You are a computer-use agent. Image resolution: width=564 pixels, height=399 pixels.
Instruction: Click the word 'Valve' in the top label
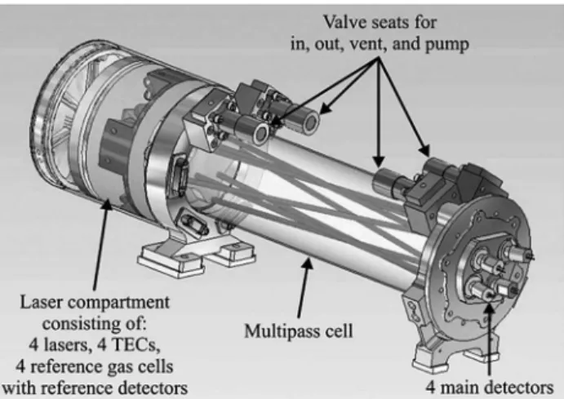(345, 22)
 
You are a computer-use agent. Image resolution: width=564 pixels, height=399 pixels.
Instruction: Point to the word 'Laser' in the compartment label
(42, 302)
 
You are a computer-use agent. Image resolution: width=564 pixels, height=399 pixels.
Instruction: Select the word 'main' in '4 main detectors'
(461, 388)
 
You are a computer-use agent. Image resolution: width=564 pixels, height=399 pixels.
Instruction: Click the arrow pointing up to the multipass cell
(303, 288)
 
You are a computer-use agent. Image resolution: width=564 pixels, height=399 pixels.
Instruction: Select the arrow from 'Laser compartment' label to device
(100, 244)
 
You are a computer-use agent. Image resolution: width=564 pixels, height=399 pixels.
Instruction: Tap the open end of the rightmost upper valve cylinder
(311, 122)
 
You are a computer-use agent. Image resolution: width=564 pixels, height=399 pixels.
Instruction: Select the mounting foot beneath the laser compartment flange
(196, 254)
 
